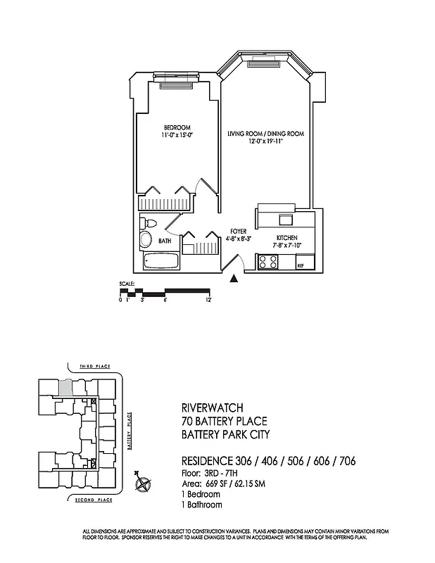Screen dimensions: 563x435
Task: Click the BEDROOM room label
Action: (x=172, y=127)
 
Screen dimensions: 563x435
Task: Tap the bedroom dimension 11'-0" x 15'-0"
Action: (x=172, y=135)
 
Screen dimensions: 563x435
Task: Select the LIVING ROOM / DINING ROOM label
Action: (x=265, y=132)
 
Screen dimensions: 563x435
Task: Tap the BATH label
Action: (x=165, y=241)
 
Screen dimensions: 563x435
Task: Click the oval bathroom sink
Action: (x=146, y=240)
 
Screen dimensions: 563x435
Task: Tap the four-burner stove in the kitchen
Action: (x=268, y=262)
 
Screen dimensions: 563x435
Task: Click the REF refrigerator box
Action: (x=301, y=265)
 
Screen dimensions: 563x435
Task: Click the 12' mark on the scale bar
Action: (x=208, y=300)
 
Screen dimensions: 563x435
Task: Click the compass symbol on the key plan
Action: (x=144, y=483)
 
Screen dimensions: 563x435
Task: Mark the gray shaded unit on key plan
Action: (x=65, y=386)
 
